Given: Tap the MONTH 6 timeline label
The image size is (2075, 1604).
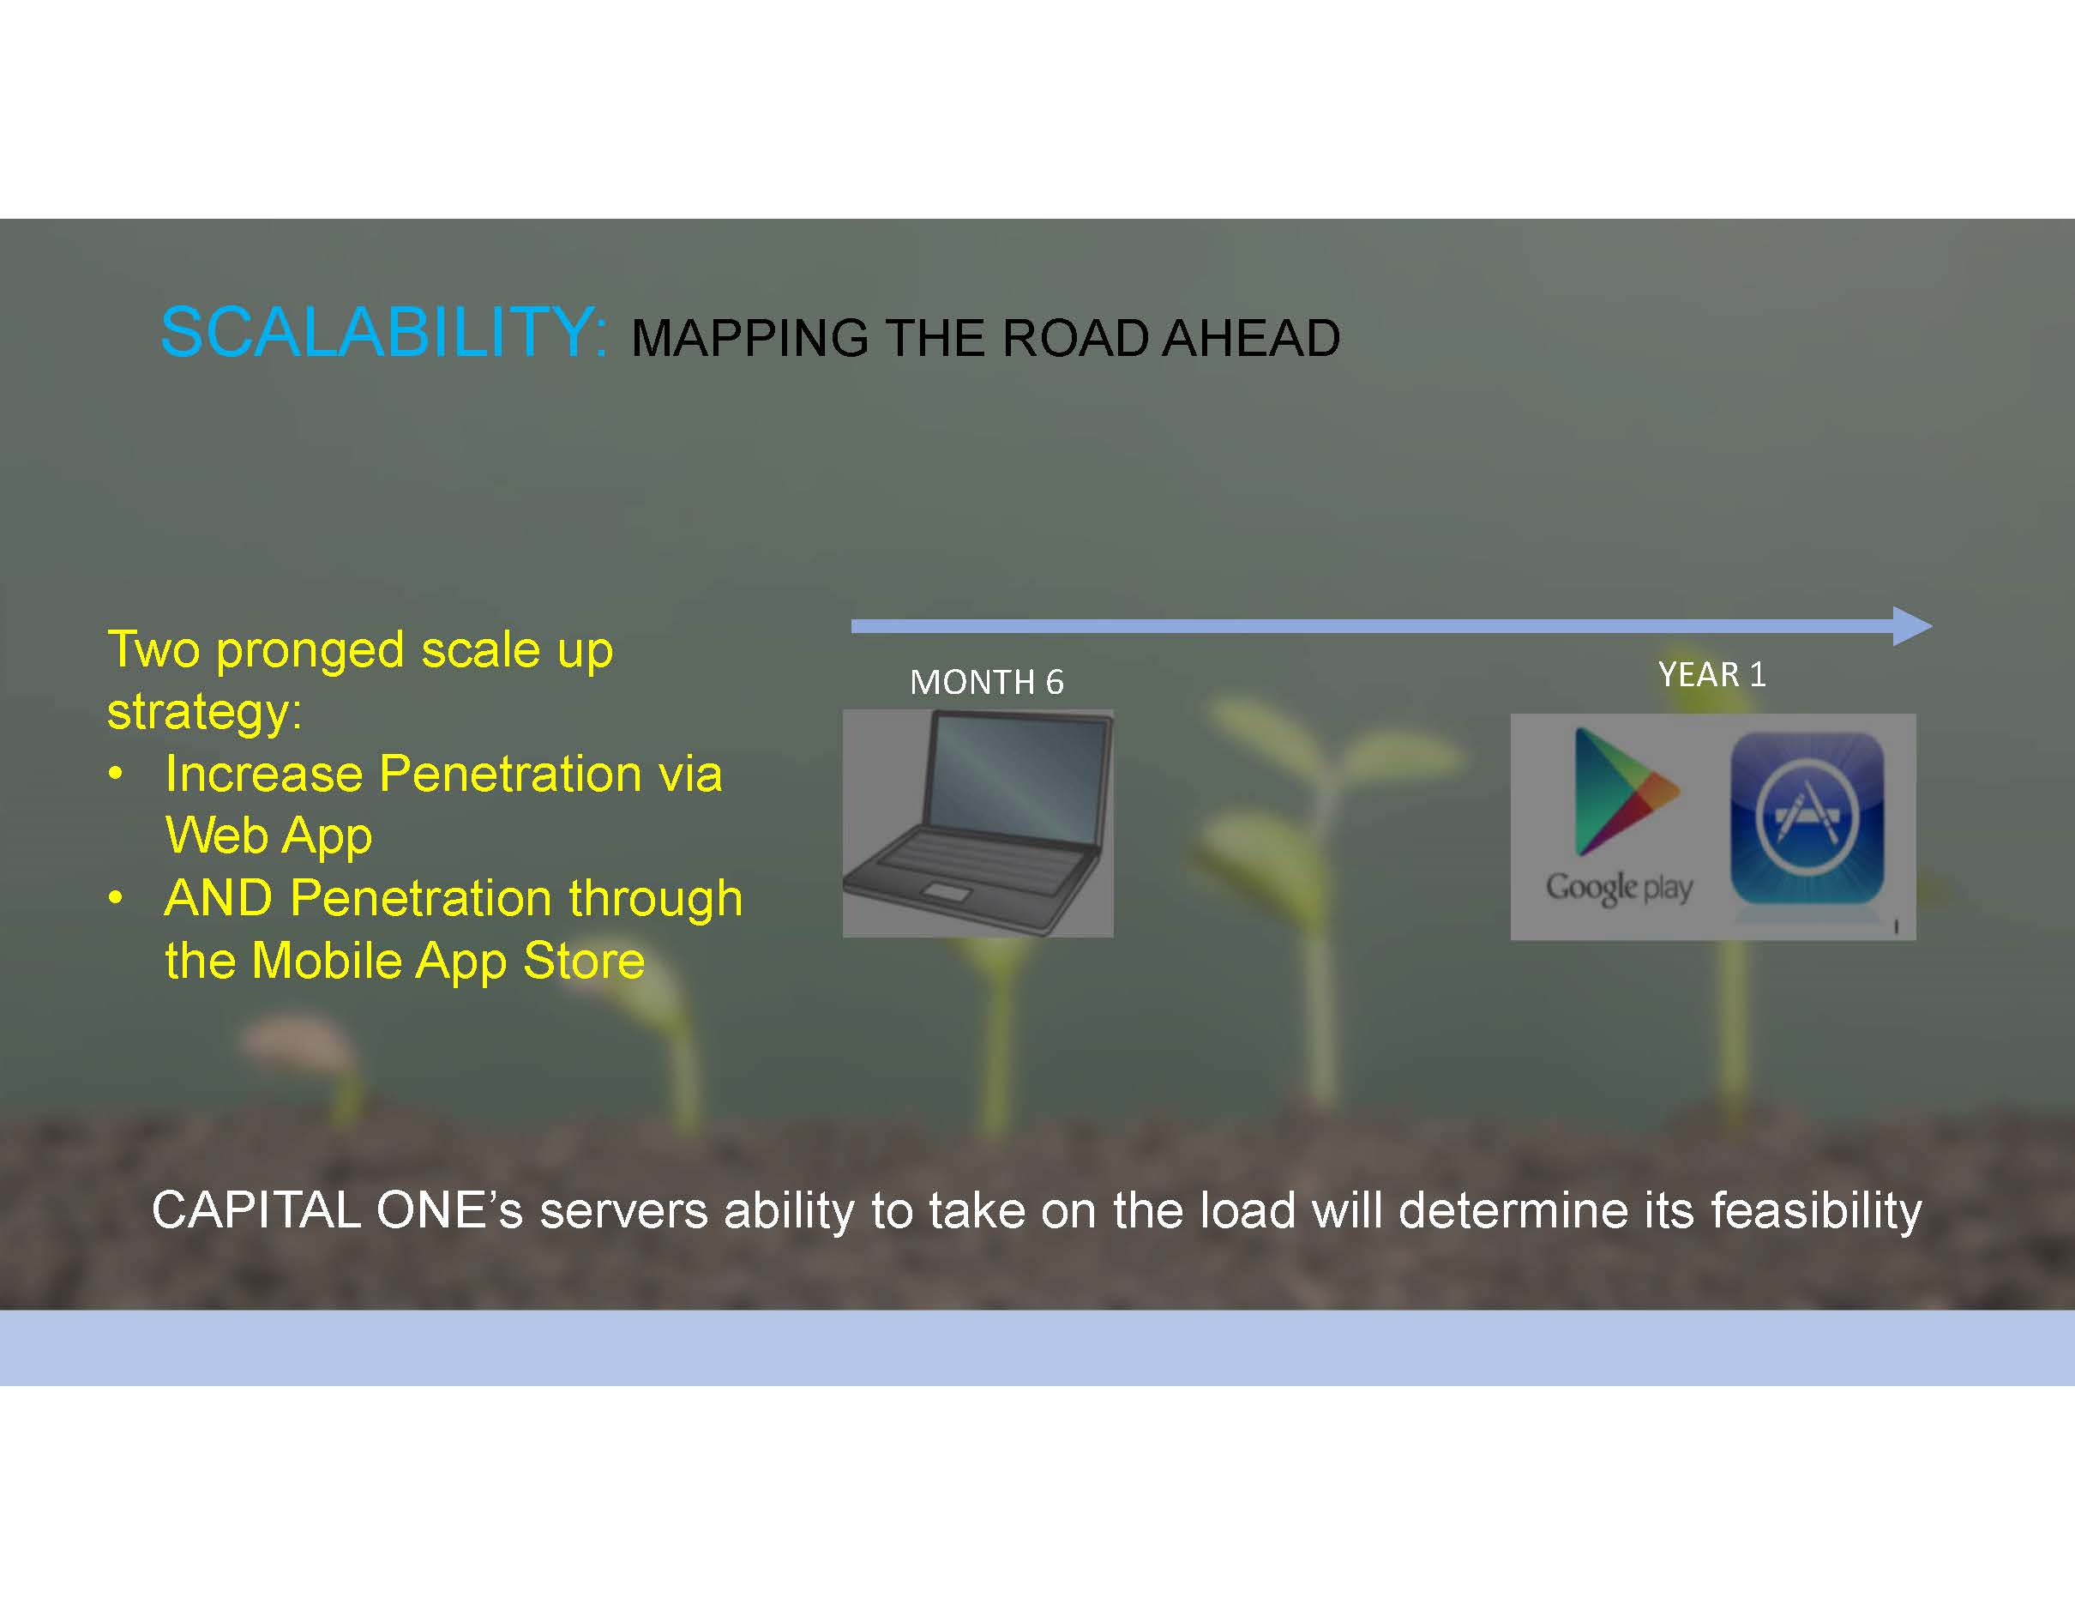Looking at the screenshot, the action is [986, 682].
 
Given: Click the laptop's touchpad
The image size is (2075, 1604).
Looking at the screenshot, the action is [947, 892].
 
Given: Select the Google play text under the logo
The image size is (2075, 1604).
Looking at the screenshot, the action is [1619, 888].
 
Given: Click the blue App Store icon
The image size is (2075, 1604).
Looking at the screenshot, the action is [1806, 818].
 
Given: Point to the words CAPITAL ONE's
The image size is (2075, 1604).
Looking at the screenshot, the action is [337, 1210].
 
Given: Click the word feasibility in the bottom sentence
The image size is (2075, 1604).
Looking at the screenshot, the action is [1817, 1211].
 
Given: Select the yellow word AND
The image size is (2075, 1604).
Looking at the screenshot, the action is [220, 898].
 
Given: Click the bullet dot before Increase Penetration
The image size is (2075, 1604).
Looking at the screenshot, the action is [115, 775].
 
